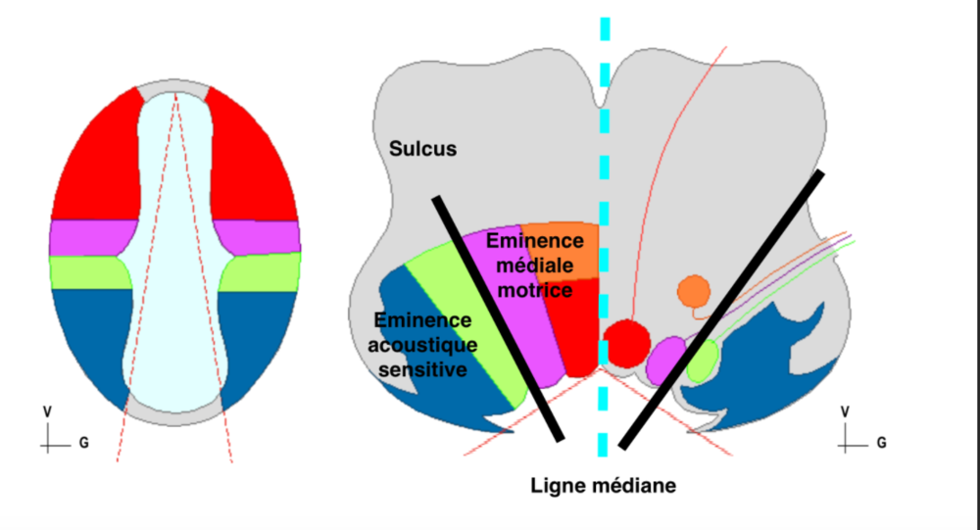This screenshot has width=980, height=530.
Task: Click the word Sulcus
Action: tap(423, 149)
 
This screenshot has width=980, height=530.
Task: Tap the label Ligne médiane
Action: tap(604, 485)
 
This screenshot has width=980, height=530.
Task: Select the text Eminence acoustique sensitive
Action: tap(422, 345)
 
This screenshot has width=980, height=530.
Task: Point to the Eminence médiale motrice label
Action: tap(535, 265)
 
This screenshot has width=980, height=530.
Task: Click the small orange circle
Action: tap(694, 290)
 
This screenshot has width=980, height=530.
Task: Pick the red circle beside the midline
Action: tap(627, 341)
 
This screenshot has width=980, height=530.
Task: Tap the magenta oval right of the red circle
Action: tap(666, 360)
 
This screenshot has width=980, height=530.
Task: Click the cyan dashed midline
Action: tap(605, 196)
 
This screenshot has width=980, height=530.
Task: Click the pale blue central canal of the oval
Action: tap(174, 245)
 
